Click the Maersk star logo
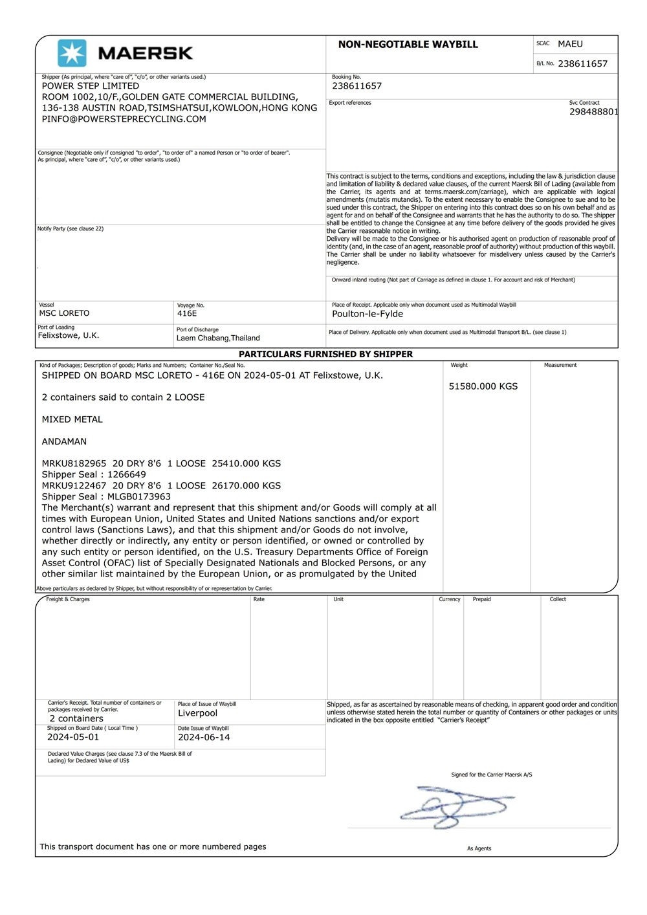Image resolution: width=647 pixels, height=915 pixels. point(72,53)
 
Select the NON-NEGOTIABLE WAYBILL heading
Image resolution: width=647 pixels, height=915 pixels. point(408,45)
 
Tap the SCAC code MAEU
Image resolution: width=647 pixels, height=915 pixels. point(570,44)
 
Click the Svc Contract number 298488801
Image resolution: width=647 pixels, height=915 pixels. point(593,112)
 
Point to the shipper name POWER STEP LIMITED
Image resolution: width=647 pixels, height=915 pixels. point(91,86)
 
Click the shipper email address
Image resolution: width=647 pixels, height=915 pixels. point(124,119)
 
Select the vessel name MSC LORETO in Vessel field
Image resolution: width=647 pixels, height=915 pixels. point(65,313)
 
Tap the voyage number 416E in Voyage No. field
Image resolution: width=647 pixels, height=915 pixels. point(187,313)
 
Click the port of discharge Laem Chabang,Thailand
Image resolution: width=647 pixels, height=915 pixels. point(218,338)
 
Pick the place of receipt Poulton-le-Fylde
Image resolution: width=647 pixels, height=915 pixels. point(367,314)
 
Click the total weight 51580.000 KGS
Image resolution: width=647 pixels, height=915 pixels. point(483,386)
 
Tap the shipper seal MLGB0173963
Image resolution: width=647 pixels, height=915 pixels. point(139,496)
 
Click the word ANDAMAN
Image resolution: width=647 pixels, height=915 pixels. point(64,441)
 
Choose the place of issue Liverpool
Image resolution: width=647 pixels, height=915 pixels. point(197,713)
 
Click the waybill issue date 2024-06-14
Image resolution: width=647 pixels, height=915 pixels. point(204,737)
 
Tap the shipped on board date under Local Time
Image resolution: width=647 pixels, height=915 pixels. point(73,737)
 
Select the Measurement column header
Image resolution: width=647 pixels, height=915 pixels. point(560,365)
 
